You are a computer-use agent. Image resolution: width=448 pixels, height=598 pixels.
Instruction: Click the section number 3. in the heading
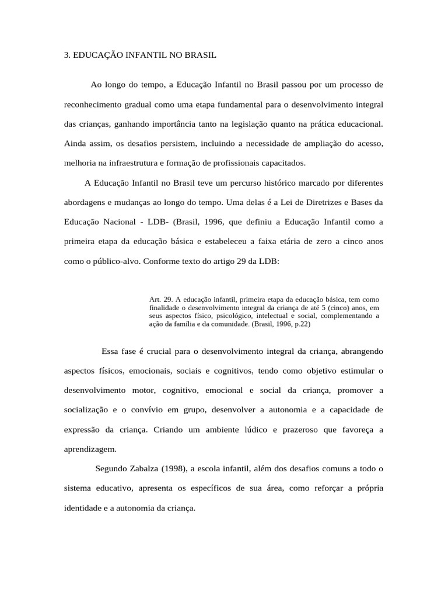[67, 55]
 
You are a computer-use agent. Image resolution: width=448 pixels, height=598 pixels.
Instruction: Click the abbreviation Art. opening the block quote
[155, 300]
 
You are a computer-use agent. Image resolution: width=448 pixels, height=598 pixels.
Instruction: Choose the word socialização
[88, 410]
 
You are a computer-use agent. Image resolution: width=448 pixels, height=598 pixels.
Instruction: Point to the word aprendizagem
[90, 449]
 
